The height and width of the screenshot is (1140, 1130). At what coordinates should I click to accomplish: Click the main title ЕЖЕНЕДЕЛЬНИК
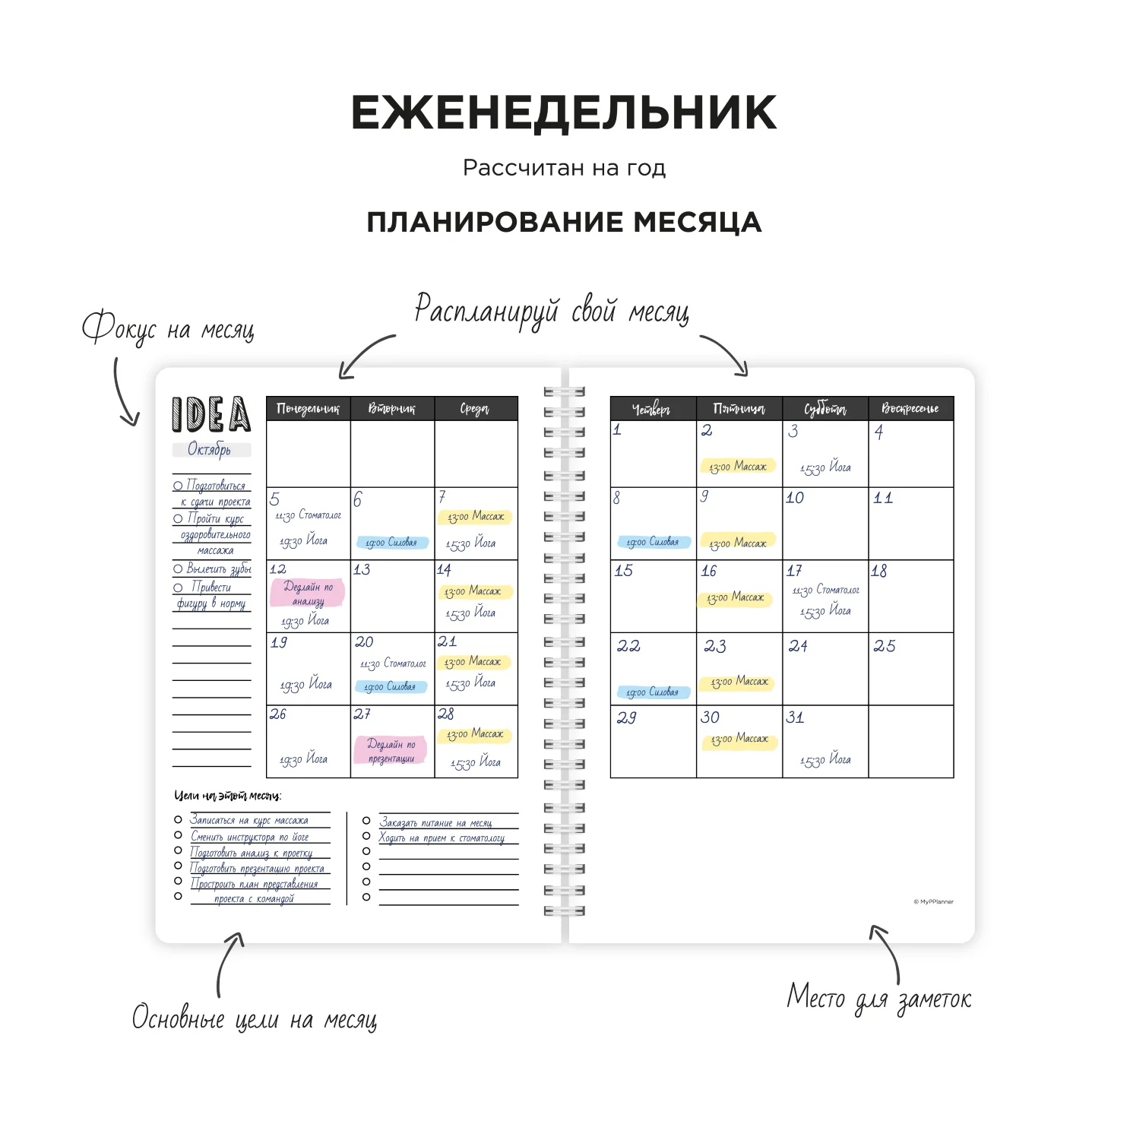[x=564, y=113]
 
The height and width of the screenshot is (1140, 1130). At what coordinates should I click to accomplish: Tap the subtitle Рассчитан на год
[x=564, y=168]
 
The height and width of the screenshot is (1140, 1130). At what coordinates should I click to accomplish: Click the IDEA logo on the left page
[x=211, y=415]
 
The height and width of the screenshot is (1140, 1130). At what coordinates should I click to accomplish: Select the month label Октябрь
[x=210, y=450]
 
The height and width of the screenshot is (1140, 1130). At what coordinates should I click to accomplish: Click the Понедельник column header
[x=308, y=409]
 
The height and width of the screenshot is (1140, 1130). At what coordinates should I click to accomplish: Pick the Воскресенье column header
[x=910, y=409]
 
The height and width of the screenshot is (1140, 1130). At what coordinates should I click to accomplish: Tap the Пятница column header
[x=739, y=409]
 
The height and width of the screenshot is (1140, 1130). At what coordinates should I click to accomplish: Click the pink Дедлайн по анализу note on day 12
[x=308, y=594]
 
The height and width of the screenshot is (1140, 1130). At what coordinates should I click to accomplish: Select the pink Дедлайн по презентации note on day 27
[x=391, y=750]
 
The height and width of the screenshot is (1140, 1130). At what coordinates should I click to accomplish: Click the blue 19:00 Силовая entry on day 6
[x=391, y=543]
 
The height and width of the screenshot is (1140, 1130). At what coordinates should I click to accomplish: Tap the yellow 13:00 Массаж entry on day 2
[x=738, y=467]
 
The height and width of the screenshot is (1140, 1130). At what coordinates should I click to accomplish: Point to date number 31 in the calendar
[x=795, y=717]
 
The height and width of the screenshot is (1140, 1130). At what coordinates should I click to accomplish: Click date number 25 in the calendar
[x=884, y=646]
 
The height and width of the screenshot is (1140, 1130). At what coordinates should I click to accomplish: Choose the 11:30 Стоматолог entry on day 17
[x=825, y=591]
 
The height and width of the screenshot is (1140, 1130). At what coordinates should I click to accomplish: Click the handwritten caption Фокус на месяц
[x=168, y=328]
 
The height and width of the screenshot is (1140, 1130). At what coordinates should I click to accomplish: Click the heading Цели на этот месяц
[x=228, y=796]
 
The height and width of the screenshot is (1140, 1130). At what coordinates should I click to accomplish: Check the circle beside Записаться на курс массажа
[x=178, y=820]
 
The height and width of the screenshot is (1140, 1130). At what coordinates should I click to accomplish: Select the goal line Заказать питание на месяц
[x=436, y=822]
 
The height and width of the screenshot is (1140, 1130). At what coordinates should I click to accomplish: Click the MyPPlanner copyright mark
[x=933, y=902]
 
